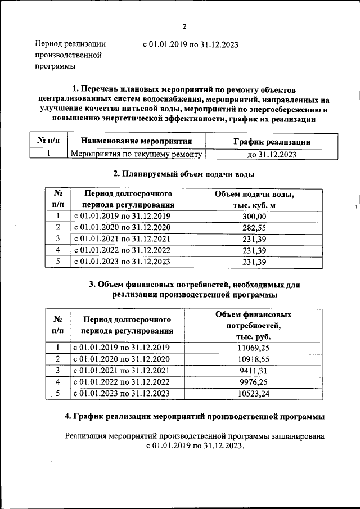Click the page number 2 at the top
point(183,27)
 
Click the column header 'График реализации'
point(272,142)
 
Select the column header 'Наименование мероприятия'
point(136,141)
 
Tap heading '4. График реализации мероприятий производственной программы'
point(195,416)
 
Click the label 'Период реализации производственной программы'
point(70,55)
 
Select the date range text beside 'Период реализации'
point(191,44)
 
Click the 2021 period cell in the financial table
point(121,371)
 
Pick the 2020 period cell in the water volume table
point(121,228)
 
